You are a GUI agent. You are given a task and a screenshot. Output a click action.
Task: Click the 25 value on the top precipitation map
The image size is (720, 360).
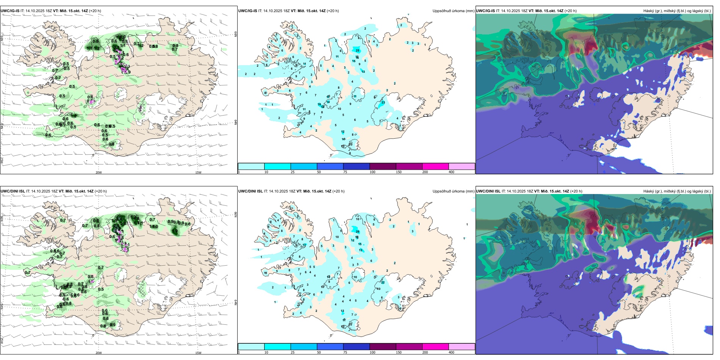[357, 50]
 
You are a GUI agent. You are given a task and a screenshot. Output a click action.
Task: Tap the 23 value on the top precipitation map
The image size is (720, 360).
[383, 103]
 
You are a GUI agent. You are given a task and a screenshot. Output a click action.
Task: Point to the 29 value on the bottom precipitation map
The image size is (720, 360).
[357, 232]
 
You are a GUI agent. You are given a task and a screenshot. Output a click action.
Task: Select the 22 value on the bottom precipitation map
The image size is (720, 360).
[383, 282]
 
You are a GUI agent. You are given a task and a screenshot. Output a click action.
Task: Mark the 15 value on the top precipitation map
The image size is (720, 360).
[354, 61]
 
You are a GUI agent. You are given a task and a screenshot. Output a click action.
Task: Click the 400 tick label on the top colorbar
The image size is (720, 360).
[451, 172]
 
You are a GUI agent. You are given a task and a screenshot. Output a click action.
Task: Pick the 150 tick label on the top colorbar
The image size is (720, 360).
[399, 172]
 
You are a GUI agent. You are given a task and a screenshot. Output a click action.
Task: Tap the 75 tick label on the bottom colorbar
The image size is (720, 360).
[345, 352]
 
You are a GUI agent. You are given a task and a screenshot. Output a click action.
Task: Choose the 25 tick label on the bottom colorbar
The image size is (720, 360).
[293, 352]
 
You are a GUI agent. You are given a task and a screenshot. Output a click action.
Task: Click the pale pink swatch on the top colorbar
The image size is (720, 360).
[462, 166]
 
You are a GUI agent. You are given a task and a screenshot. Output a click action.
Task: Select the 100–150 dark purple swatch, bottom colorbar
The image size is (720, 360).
[383, 347]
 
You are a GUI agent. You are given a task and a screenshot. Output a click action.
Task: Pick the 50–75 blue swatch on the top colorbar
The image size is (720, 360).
[330, 166]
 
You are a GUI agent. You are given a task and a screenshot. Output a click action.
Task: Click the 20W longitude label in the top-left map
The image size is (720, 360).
[99, 172]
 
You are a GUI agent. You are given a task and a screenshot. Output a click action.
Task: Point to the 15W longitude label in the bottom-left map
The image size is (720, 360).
[198, 353]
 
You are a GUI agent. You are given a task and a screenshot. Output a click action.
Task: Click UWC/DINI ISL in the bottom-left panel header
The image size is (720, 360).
[13, 191]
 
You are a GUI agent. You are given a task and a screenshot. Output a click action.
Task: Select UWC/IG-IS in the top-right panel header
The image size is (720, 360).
[485, 11]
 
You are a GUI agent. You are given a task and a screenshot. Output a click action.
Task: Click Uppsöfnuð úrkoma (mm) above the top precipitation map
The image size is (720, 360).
[453, 11]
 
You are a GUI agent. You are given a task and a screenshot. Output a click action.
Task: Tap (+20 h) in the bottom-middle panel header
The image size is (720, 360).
[338, 191]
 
